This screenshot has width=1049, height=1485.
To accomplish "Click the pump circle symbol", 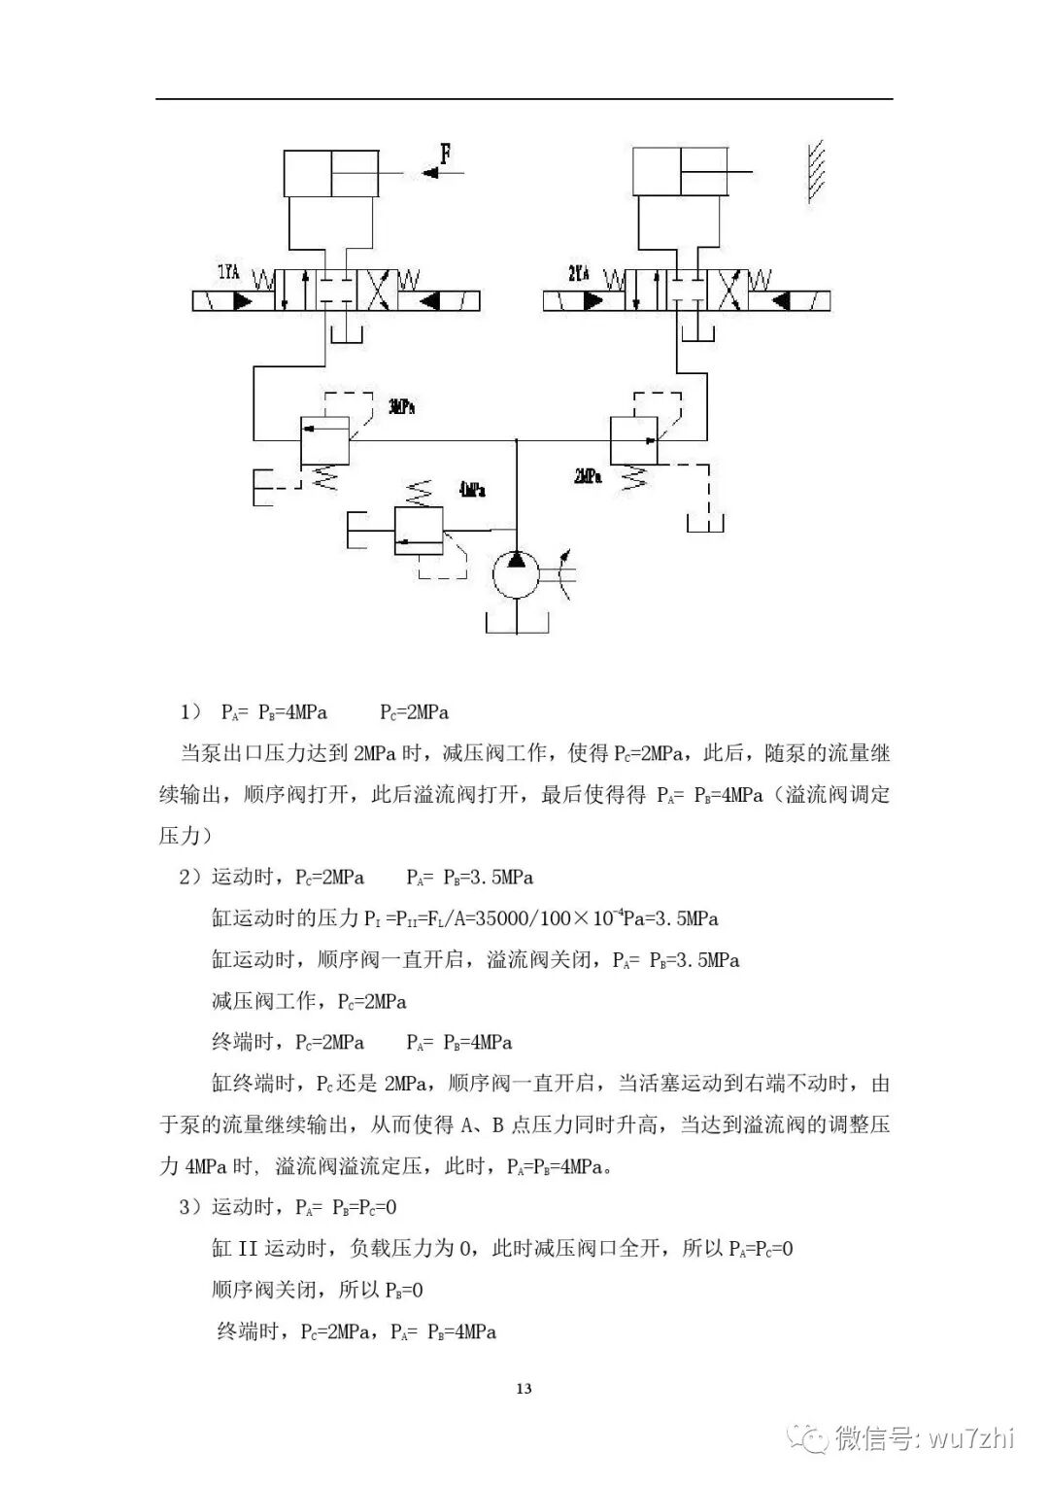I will coord(516,576).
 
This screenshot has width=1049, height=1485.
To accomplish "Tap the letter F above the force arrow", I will coord(446,152).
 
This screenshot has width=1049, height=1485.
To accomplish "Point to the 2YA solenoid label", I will coord(578,273).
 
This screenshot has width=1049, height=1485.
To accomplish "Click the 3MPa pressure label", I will coord(400,406).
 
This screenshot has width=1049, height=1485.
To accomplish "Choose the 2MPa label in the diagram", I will coord(587,476).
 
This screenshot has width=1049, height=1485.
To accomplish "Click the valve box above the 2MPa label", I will coord(633,440).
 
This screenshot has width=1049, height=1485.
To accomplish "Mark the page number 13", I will coord(524,1389).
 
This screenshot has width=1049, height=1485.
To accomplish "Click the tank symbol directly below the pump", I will coord(516,622).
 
